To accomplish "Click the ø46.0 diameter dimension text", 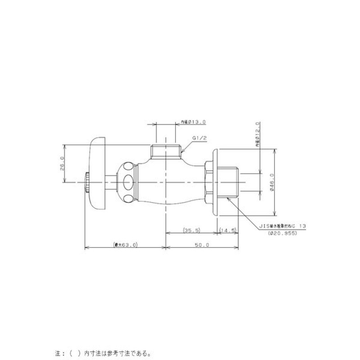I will [x=272, y=182].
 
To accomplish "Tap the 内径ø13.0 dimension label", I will [x=193, y=121].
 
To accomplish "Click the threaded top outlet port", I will [x=166, y=152].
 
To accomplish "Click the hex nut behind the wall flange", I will [x=207, y=182].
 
